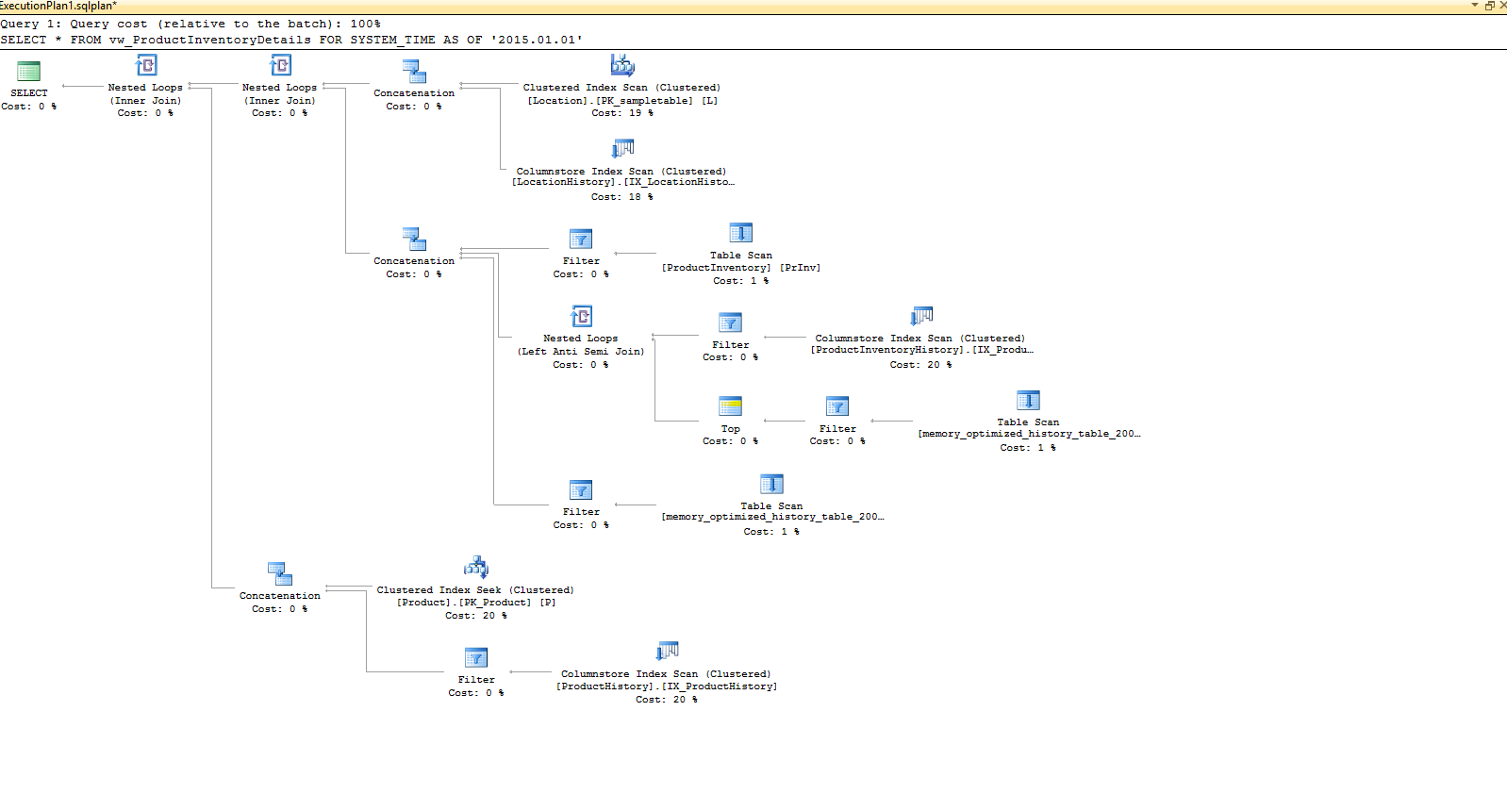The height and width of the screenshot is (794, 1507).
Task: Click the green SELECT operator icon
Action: pos(29,72)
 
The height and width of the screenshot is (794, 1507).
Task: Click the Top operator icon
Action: pos(731,407)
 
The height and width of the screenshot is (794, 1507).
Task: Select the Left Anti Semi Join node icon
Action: pos(582,316)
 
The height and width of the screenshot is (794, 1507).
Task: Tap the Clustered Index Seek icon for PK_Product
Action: pos(476,568)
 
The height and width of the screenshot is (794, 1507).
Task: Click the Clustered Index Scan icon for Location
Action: pos(622,65)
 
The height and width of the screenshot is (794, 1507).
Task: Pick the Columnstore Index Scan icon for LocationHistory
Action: pos(622,149)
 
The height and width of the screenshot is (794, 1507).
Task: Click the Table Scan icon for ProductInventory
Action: pos(741,233)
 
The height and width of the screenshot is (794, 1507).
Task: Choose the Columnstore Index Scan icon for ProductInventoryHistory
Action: pos(921,316)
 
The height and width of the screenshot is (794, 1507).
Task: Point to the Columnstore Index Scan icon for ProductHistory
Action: pos(668,652)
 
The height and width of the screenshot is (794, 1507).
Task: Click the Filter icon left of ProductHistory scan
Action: pos(476,658)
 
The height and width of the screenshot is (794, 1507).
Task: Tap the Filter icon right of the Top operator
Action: pos(837,407)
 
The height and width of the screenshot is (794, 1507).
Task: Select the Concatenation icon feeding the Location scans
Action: pos(414,72)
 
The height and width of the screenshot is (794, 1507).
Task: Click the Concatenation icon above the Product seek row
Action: pos(280,574)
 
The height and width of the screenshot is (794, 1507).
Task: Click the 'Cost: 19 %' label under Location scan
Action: pos(622,113)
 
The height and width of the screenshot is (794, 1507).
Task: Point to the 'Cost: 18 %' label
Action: pos(622,197)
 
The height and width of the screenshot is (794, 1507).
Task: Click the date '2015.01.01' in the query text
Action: pos(540,40)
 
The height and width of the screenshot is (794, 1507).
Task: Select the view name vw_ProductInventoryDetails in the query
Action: pos(209,40)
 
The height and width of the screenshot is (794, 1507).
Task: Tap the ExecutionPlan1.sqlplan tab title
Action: pos(58,6)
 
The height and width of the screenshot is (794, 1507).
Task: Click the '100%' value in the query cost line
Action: pos(366,24)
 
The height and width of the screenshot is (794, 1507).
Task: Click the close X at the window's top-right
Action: pos(1502,6)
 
